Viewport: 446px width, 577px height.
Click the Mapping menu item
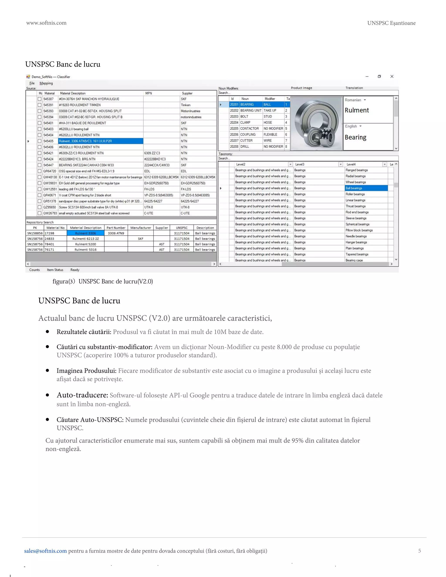pos(46,83)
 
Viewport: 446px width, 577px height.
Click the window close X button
pos(392,76)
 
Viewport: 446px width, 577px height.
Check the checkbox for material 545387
pos(40,99)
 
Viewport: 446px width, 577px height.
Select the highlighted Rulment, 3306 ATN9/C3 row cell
pos(100,141)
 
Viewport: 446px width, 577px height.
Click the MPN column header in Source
pos(149,93)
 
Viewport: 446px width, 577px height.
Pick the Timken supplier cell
pos(186,105)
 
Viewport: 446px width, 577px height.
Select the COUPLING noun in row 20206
pos(248,135)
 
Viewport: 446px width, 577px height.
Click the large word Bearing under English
pos(355,137)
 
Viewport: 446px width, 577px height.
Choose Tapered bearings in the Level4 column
pos(357,254)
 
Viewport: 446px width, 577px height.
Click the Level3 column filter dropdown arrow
pos(341,164)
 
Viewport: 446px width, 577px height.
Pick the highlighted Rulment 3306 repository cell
pos(85,233)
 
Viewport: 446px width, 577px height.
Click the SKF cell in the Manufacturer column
pos(140,239)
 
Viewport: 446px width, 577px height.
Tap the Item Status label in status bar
pos(55,270)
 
